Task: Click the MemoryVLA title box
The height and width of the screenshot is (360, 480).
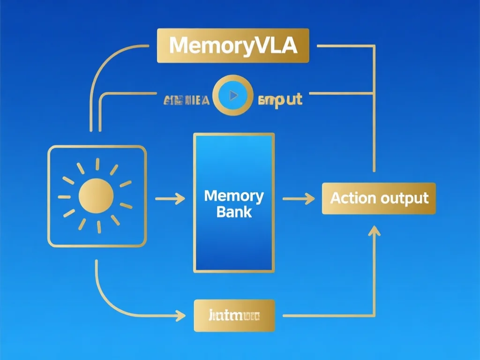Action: (x=233, y=45)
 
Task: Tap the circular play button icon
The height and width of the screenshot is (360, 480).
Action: (x=232, y=96)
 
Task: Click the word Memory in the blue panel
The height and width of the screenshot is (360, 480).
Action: (x=234, y=196)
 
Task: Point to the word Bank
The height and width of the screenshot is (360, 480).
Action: (x=234, y=211)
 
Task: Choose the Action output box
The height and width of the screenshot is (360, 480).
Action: (x=379, y=198)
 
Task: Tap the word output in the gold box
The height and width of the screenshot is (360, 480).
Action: (x=404, y=198)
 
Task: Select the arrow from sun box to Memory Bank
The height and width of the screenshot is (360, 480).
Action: (x=170, y=199)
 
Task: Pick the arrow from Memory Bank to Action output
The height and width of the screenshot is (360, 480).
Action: (x=298, y=199)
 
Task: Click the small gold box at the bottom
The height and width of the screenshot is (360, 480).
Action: (x=234, y=315)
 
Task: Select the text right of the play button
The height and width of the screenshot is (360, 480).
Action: (x=280, y=99)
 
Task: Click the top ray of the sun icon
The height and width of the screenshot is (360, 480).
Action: (x=97, y=164)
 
